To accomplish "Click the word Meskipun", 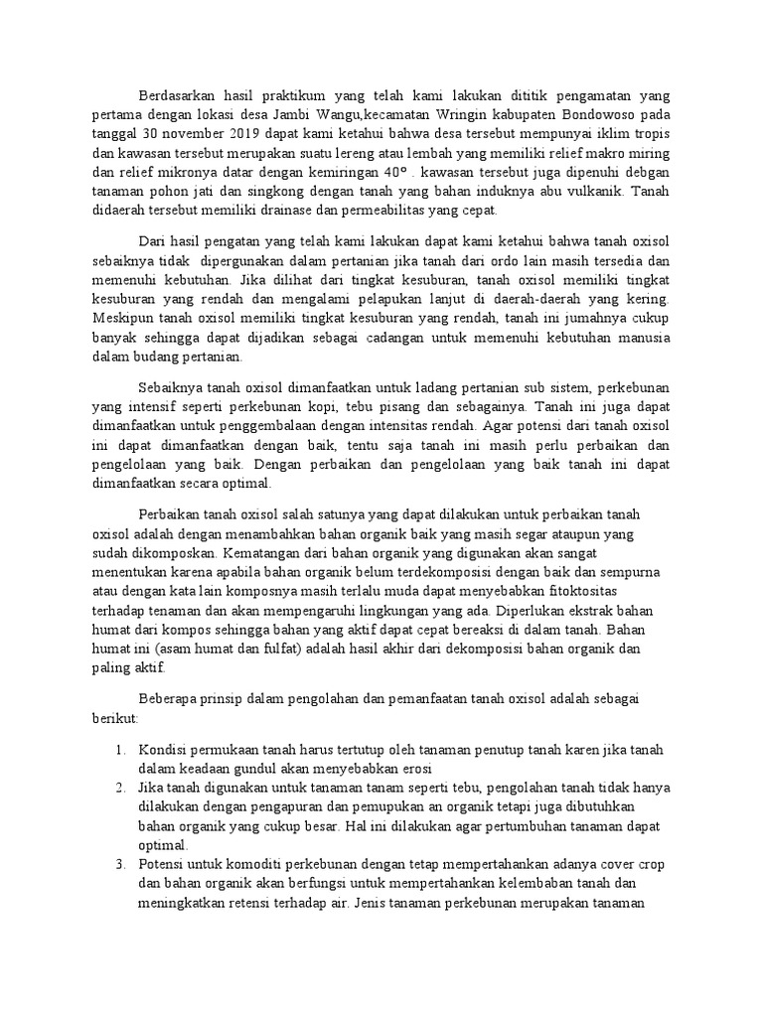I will point(122,318).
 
